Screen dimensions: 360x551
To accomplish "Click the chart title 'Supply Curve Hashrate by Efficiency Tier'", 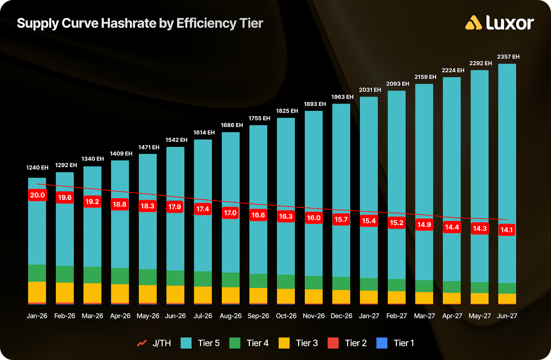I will (140, 23).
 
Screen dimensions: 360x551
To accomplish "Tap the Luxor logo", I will (499, 23).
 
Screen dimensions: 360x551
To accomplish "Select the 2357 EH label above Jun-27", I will (508, 57).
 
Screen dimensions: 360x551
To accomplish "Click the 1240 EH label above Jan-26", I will (37, 168).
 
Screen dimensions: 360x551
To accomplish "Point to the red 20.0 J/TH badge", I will (37, 195).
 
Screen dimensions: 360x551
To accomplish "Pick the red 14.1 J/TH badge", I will (507, 230).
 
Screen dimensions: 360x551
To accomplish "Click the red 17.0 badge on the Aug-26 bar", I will (230, 213).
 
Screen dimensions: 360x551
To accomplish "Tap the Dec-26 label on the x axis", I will (341, 316).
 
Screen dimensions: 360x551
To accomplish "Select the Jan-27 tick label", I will (369, 316).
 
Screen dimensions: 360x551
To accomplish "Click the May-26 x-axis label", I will (148, 316).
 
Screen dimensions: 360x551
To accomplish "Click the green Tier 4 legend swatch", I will (235, 343).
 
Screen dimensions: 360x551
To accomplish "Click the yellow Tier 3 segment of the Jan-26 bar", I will (37, 292).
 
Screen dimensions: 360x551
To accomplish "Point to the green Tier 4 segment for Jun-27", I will (507, 288).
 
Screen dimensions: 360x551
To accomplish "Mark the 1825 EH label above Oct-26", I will (287, 111).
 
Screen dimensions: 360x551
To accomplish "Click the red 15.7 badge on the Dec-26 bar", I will (341, 220).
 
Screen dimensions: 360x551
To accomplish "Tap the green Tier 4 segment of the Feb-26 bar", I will (65, 274).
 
